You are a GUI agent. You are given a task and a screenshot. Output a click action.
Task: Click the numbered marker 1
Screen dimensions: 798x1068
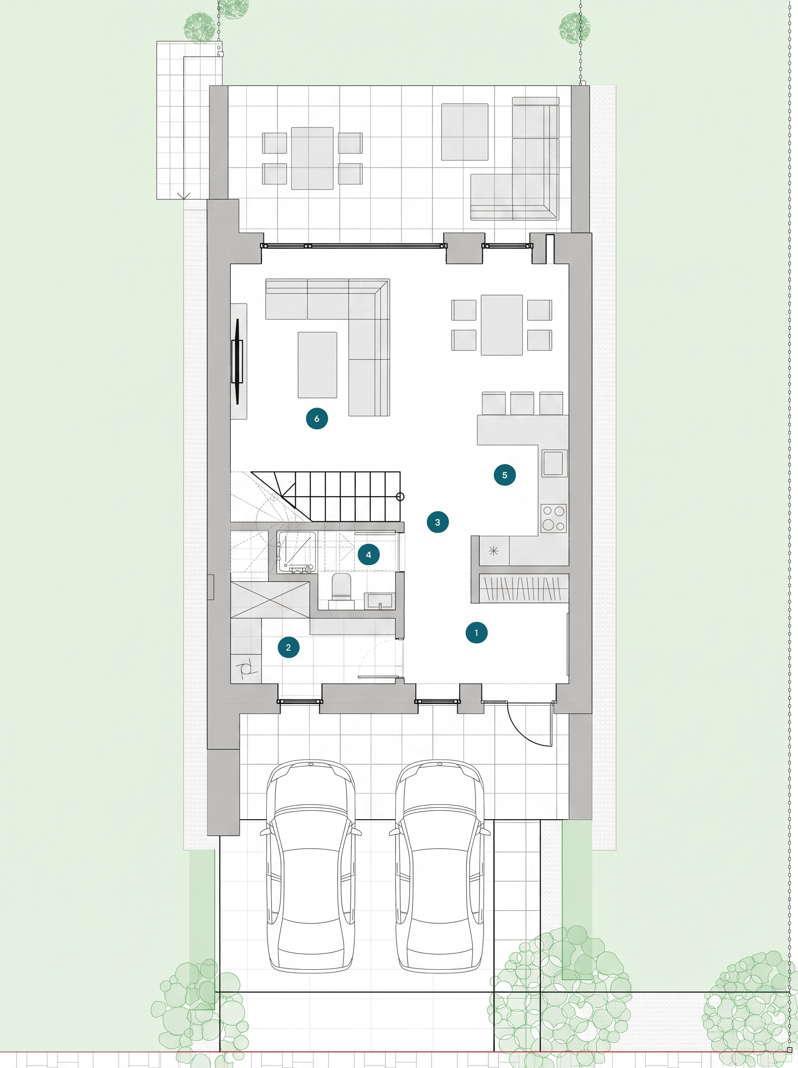[x=476, y=632]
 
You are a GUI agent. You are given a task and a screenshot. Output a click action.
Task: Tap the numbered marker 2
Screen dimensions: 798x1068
[x=289, y=647]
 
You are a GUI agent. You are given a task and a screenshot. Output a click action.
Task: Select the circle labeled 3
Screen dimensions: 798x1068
[x=438, y=522]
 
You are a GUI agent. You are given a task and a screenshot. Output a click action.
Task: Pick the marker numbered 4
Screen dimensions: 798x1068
[x=369, y=554]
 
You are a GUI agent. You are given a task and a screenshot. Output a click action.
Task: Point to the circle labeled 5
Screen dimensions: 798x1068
[x=505, y=475]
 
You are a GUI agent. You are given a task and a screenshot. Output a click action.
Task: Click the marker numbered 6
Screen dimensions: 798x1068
[x=317, y=418]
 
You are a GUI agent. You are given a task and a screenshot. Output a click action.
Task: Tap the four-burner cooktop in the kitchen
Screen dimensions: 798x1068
[x=554, y=518]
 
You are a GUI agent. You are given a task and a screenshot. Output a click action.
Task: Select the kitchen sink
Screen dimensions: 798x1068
[x=554, y=463]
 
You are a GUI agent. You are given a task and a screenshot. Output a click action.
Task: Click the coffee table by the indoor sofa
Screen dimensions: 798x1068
[x=318, y=364]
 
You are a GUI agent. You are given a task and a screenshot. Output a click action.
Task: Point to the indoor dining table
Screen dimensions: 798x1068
[x=502, y=325]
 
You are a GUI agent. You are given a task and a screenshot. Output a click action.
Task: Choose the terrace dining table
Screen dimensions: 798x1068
[x=312, y=158]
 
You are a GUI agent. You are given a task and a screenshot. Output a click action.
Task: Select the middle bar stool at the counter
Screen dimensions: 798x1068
[x=522, y=403]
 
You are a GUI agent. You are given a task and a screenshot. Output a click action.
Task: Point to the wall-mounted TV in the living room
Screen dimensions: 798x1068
[x=237, y=361]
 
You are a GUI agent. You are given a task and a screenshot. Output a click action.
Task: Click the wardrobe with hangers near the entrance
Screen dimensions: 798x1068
[x=523, y=588]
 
